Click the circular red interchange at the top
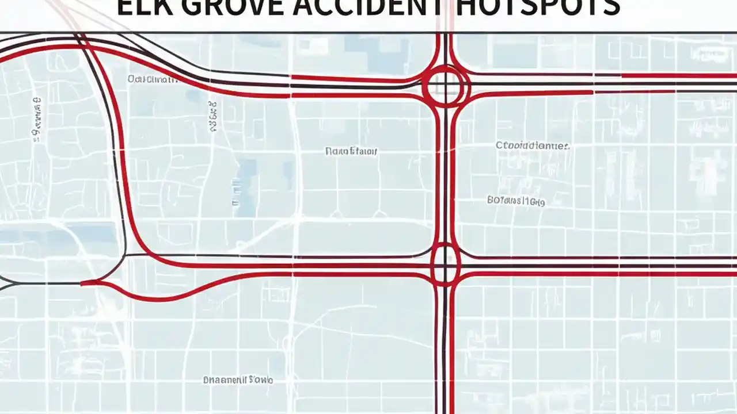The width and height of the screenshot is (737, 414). point(446,86)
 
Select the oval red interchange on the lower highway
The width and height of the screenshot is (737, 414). point(445,264)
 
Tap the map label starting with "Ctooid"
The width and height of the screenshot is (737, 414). point(533,146)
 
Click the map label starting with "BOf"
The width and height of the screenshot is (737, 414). point(516,201)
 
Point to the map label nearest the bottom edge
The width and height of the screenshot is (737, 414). point(238,380)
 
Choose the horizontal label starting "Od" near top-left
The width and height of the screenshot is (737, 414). point(153,79)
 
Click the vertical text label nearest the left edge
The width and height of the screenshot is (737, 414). point(37,120)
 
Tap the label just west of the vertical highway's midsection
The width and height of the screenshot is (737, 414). point(351,151)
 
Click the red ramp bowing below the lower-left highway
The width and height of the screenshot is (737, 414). point(173,296)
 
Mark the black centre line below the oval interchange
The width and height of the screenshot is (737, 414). point(445,345)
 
